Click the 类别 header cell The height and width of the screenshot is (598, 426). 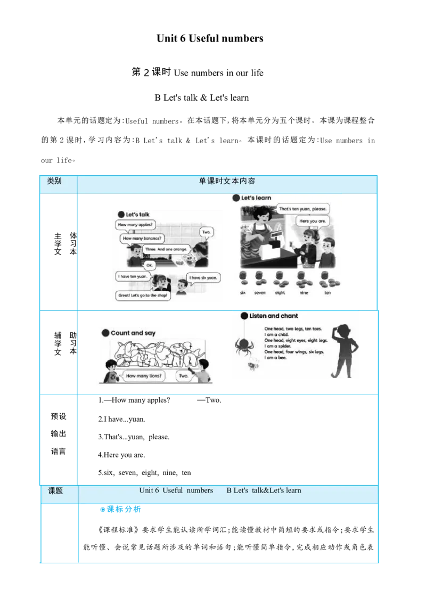pyautogui.click(x=54, y=181)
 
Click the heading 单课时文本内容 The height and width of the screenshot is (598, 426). pyautogui.click(x=227, y=181)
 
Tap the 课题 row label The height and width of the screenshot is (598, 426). pyautogui.click(x=55, y=491)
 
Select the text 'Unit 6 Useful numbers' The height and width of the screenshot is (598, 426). pyautogui.click(x=176, y=490)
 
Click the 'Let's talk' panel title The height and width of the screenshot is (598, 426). pyautogui.click(x=137, y=215)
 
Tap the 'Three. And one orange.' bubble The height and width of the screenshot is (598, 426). pyautogui.click(x=166, y=249)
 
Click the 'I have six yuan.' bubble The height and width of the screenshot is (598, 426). pyautogui.click(x=204, y=277)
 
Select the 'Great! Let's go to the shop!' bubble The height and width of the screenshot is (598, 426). pyautogui.click(x=143, y=296)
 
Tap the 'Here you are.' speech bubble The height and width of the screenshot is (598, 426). pyautogui.click(x=313, y=221)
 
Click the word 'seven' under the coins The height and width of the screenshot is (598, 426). pyautogui.click(x=260, y=293)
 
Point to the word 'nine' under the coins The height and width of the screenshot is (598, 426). pyautogui.click(x=304, y=293)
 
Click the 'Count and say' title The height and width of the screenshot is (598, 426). pyautogui.click(x=133, y=333)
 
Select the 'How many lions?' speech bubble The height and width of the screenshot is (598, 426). pyautogui.click(x=145, y=376)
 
